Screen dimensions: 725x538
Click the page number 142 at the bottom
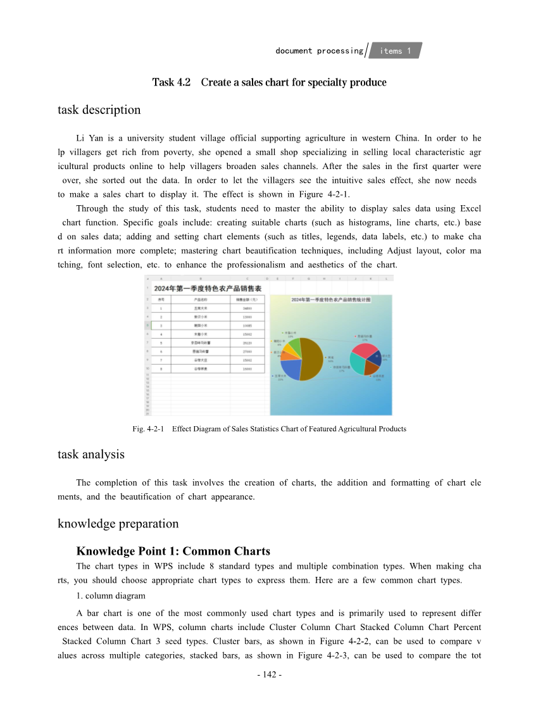click(269, 675)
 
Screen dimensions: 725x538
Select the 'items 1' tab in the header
click(395, 51)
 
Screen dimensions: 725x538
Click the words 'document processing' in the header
click(319, 51)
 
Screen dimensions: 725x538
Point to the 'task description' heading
click(99, 110)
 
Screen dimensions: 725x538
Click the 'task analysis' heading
click(91, 454)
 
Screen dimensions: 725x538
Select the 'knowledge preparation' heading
click(118, 524)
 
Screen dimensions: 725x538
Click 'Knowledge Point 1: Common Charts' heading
click(173, 551)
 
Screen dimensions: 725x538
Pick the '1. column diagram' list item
click(111, 596)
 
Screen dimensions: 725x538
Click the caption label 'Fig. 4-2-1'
click(149, 429)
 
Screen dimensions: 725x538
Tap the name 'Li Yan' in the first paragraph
click(88, 138)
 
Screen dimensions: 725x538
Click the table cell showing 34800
click(247, 308)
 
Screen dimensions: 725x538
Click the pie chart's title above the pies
click(330, 299)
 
